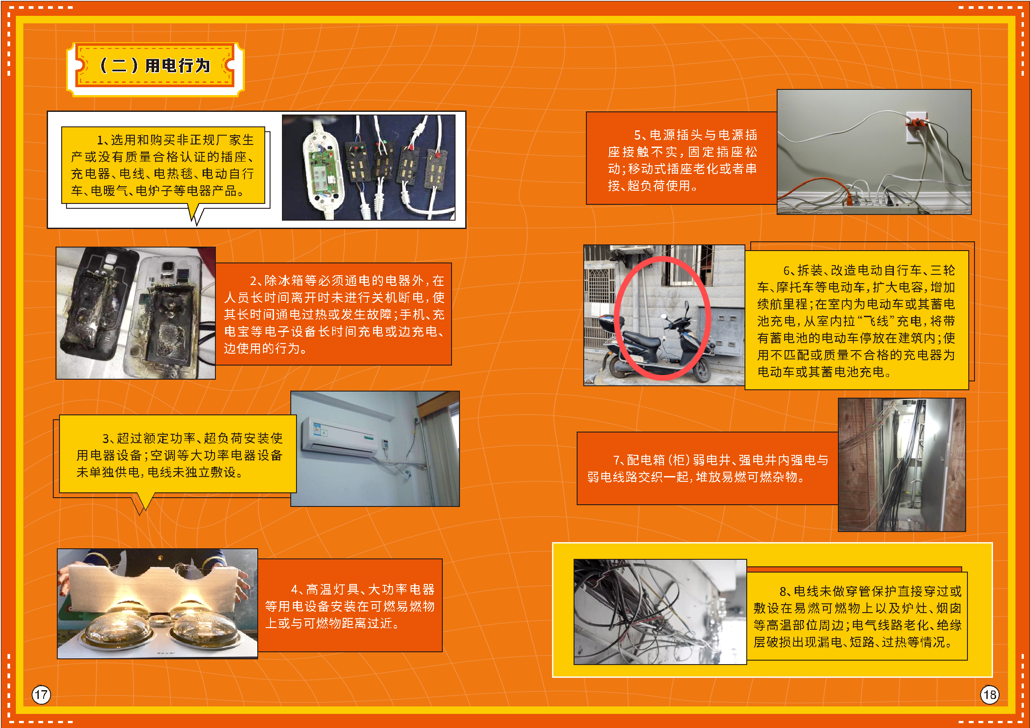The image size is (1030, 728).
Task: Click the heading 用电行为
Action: click(178, 66)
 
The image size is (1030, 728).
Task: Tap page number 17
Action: click(41, 695)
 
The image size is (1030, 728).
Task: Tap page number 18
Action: click(989, 695)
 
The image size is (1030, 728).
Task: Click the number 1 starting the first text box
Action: click(100, 140)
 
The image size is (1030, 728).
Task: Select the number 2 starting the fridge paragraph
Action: click(253, 281)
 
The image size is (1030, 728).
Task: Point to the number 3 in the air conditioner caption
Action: click(106, 438)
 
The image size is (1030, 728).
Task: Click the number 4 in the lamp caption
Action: click(294, 589)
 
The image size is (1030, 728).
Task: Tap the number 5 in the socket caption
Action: click(637, 135)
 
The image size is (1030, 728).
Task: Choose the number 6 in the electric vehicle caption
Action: click(787, 270)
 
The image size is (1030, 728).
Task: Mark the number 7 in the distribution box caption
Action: click(617, 460)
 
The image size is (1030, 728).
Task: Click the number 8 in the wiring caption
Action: click(783, 591)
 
